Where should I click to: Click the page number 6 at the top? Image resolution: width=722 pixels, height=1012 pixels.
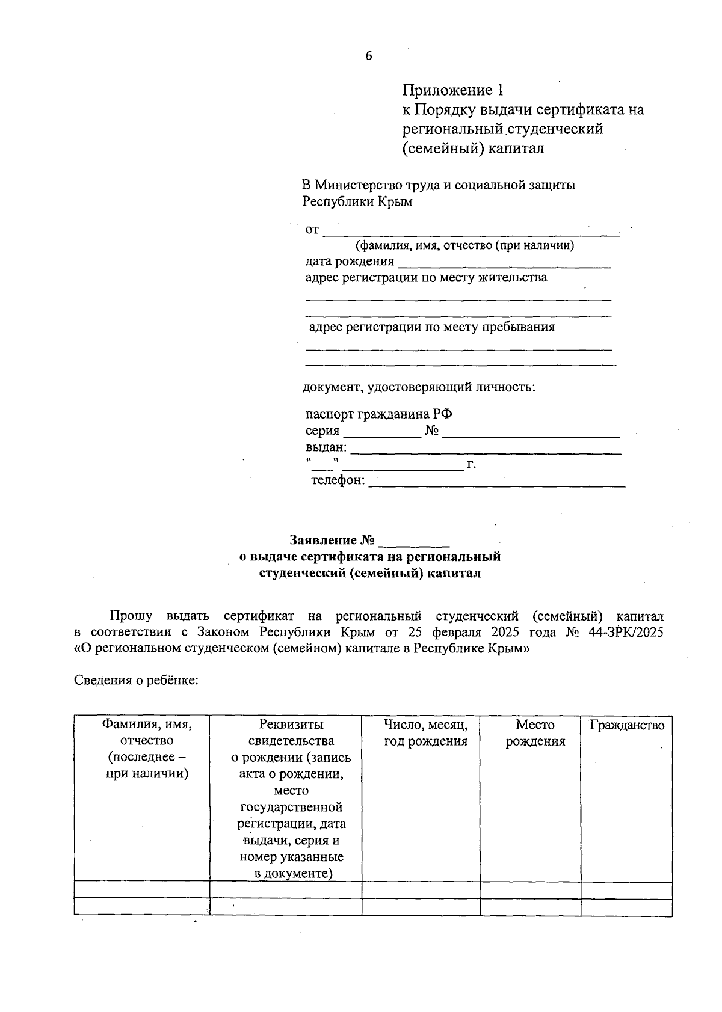368,57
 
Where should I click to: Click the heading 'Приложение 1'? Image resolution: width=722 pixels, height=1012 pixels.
452,90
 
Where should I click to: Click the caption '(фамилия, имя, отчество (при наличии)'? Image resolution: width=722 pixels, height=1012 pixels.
464,245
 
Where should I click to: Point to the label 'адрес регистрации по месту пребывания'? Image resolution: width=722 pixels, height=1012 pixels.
431,327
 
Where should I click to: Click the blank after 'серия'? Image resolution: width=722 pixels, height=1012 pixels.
382,432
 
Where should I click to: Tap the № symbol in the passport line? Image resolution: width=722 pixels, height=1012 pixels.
431,431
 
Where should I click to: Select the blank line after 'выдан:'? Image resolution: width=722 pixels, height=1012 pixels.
485,449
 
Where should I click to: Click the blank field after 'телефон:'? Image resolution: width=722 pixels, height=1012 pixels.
496,482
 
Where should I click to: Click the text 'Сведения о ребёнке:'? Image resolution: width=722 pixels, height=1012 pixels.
136,680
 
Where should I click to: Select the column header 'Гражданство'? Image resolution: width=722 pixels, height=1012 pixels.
627,725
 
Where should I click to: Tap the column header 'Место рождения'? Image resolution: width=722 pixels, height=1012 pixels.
535,733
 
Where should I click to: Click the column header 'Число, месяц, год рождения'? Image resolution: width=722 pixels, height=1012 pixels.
425,733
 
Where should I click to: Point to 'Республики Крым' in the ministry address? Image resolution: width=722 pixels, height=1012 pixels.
357,202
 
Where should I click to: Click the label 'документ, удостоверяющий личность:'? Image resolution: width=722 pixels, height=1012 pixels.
419,387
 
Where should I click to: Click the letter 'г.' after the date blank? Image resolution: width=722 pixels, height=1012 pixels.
471,464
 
